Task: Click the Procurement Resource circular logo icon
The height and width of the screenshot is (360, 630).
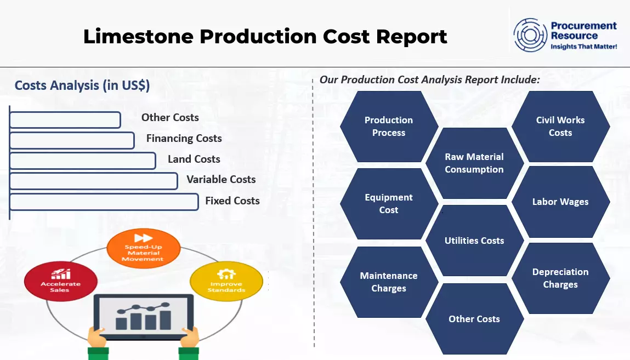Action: pyautogui.click(x=530, y=35)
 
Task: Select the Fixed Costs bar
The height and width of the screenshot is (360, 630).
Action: pyautogui.click(x=104, y=202)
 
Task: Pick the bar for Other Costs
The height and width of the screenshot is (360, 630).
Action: pyautogui.click(x=65, y=120)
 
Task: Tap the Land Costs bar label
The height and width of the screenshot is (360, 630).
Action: pyautogui.click(x=194, y=159)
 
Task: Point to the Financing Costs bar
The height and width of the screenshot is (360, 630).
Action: pyautogui.click(x=72, y=140)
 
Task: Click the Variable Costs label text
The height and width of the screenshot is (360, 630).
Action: pyautogui.click(x=221, y=180)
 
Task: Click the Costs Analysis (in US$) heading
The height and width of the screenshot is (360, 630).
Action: pyautogui.click(x=82, y=85)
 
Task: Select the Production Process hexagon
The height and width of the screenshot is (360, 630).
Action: pyautogui.click(x=389, y=127)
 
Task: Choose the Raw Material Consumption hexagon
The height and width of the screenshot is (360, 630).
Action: pyautogui.click(x=474, y=163)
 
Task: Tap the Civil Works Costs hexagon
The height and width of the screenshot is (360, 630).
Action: pyautogui.click(x=560, y=127)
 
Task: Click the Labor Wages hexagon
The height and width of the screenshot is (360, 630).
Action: pyautogui.click(x=560, y=202)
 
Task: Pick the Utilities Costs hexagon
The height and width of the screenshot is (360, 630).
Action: pyautogui.click(x=474, y=241)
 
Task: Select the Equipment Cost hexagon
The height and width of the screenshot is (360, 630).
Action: pyautogui.click(x=389, y=204)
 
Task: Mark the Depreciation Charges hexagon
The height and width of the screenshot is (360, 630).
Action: pyautogui.click(x=560, y=278)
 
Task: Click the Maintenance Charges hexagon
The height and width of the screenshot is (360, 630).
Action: pyautogui.click(x=389, y=282)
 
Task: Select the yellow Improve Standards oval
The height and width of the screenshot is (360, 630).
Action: pyautogui.click(x=226, y=281)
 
